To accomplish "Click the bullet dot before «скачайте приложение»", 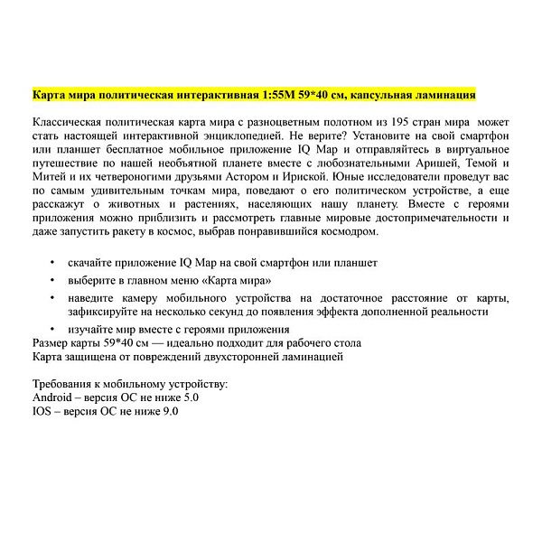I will click(53, 263).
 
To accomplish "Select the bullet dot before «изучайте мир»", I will click(53, 329).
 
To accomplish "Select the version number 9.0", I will click(170, 411).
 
